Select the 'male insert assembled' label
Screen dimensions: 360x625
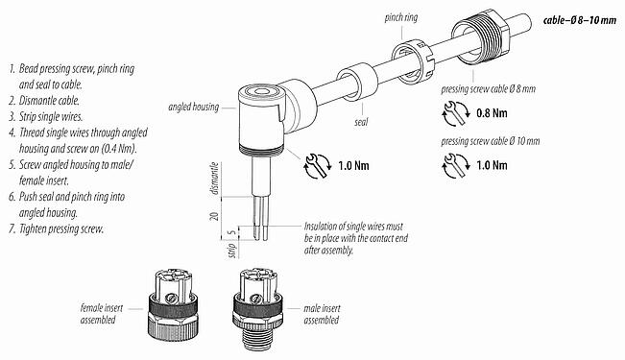[x=323, y=312]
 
